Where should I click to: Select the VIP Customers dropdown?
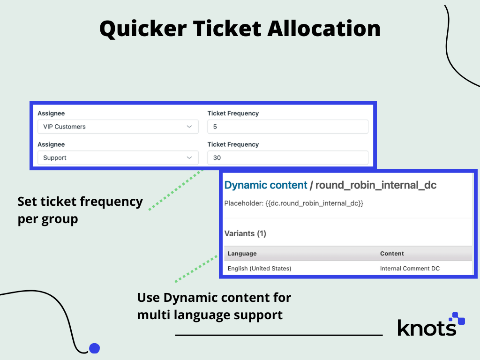118,127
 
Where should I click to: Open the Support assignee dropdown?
118,157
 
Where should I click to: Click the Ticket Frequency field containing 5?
288,127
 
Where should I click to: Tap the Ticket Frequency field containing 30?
288,157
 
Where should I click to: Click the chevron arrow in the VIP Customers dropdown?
189,127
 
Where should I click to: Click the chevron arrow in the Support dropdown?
189,157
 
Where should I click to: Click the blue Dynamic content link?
266,185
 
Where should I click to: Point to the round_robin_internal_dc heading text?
375,185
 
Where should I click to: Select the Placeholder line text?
294,203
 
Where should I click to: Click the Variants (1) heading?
245,233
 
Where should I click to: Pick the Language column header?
242,254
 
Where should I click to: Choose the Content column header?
392,254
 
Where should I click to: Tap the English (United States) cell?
259,269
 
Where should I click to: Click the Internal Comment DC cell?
410,269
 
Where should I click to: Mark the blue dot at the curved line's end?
95,348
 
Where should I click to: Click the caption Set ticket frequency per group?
80,210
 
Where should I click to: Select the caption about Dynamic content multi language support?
214,306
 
